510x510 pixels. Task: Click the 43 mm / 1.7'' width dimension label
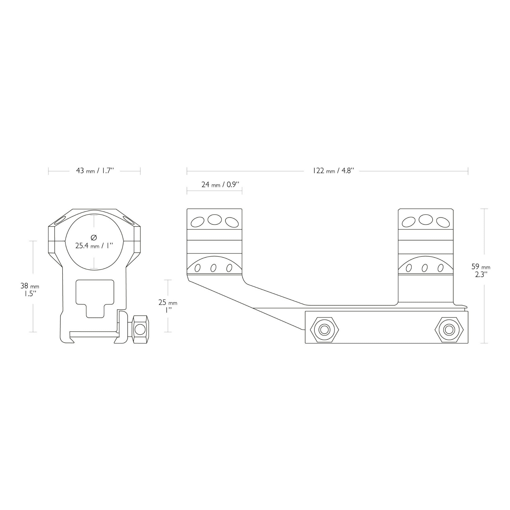pos(95,171)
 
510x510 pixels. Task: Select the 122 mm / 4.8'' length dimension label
pos(333,171)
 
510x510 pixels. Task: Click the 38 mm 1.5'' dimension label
pos(30,290)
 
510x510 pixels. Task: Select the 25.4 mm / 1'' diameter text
pos(94,246)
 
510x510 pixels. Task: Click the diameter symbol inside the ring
pos(94,238)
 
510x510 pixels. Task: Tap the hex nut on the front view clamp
pos(140,329)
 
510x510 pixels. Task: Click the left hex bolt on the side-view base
pos(325,329)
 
